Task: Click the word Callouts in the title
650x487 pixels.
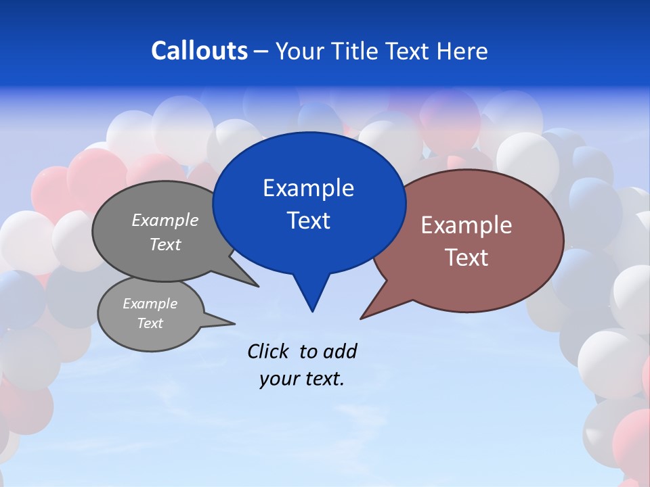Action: (199, 51)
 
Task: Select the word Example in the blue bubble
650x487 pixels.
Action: (308, 188)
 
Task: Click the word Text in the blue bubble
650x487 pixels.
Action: (308, 221)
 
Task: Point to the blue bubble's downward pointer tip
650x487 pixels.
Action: (312, 311)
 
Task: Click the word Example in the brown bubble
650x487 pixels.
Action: (467, 225)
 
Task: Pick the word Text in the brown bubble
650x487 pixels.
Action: (467, 258)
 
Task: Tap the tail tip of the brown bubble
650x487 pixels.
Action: (361, 318)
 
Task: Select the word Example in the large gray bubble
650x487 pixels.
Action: (165, 220)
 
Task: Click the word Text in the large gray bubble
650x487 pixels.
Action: (165, 244)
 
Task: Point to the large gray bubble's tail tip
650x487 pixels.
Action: (259, 286)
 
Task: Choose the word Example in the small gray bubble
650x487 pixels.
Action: (150, 304)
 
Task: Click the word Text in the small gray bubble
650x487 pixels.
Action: (150, 323)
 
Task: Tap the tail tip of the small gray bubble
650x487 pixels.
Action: (235, 323)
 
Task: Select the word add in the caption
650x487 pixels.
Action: (339, 351)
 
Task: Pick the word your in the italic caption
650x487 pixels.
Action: (278, 379)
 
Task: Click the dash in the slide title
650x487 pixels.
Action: (262, 51)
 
